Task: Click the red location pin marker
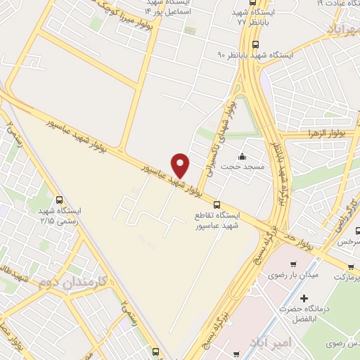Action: point(181,165)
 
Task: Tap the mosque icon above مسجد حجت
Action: point(242,156)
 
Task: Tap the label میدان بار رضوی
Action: point(292,274)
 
